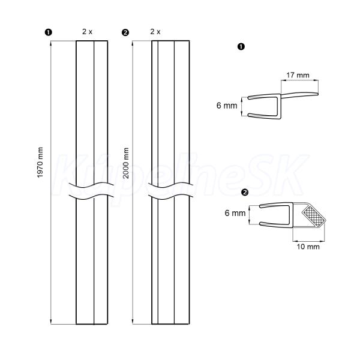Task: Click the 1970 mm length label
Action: coord(40,163)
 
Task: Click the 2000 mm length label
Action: coord(126,163)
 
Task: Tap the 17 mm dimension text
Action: coord(298,75)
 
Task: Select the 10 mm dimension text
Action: coord(308,247)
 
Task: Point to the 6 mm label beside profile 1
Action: coord(227,106)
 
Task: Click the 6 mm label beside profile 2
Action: coord(235,213)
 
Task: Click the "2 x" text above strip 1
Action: coord(87,32)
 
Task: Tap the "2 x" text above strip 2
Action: coord(155,32)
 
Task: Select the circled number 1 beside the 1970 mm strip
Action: coord(48,32)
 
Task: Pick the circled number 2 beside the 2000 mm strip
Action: coord(125,32)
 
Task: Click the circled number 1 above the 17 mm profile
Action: coord(241,47)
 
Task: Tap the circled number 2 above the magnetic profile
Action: coord(245,192)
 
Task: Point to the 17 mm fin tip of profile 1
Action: coord(318,94)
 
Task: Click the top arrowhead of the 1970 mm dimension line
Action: coord(51,43)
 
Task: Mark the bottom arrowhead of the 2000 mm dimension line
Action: coord(133,322)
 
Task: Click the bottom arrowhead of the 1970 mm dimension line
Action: coord(51,322)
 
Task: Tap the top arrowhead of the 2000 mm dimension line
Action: coord(133,43)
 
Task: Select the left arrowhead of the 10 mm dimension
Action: coord(295,241)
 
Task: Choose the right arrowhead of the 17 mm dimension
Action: coord(316,80)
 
